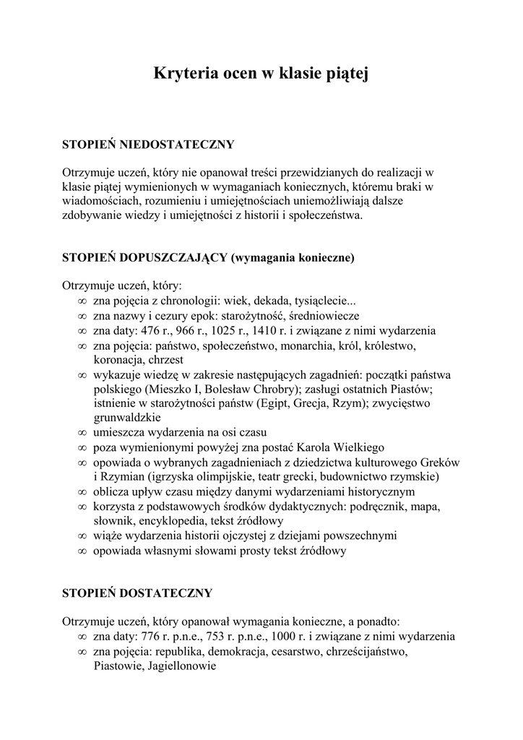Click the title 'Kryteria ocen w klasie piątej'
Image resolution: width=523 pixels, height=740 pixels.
click(261, 74)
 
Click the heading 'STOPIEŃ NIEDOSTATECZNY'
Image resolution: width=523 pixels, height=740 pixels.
click(149, 145)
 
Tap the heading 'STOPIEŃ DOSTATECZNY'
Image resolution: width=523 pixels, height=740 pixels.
click(137, 593)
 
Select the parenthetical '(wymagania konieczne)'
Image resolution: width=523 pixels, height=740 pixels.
click(293, 257)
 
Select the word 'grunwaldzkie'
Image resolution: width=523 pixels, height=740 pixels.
click(126, 418)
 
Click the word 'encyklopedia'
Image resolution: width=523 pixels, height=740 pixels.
click(173, 520)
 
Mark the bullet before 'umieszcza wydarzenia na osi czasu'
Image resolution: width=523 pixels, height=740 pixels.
click(81, 433)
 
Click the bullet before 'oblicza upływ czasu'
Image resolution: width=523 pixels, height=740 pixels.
click(81, 491)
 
